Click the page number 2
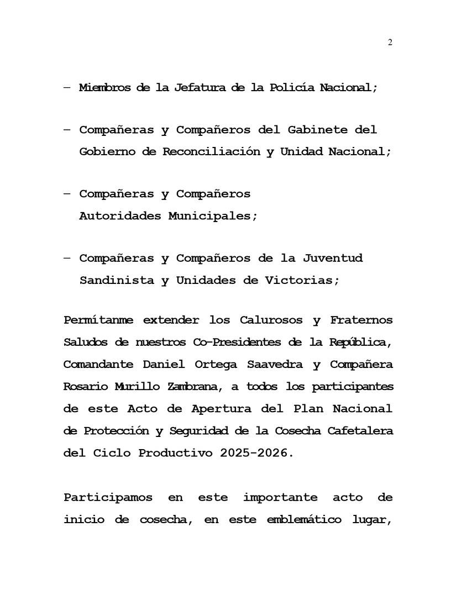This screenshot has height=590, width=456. (x=390, y=43)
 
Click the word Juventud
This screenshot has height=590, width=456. (x=333, y=258)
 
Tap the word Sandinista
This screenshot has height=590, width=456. (x=117, y=280)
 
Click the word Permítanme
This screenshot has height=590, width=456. (x=99, y=320)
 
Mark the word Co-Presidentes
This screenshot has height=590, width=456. (x=238, y=343)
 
